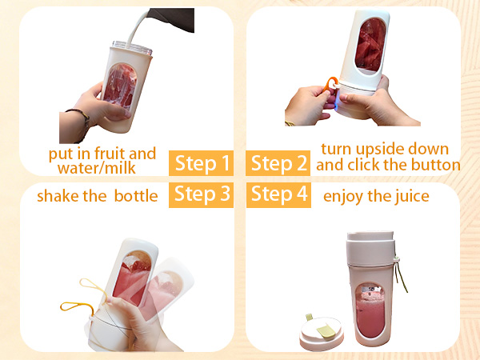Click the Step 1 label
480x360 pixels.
[x=202, y=164]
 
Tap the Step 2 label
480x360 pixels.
[x=278, y=164]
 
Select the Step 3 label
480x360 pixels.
[x=202, y=194]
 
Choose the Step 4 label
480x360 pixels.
[x=278, y=194]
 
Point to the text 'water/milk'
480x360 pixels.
[x=94, y=168]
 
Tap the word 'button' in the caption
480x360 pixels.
[x=433, y=165]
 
